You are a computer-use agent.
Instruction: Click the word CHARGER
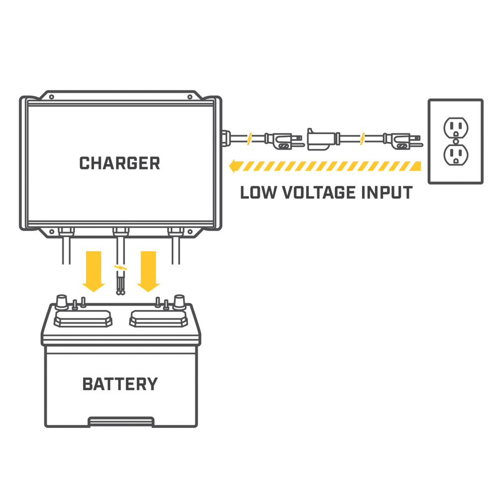[120, 163]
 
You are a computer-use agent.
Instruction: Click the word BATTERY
[120, 384]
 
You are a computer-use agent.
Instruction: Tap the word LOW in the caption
[257, 192]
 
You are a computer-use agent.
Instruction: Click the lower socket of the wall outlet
[455, 156]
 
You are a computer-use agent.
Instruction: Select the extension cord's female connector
[322, 139]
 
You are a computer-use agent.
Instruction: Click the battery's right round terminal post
[178, 301]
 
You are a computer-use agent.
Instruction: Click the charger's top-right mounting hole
[189, 97]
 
